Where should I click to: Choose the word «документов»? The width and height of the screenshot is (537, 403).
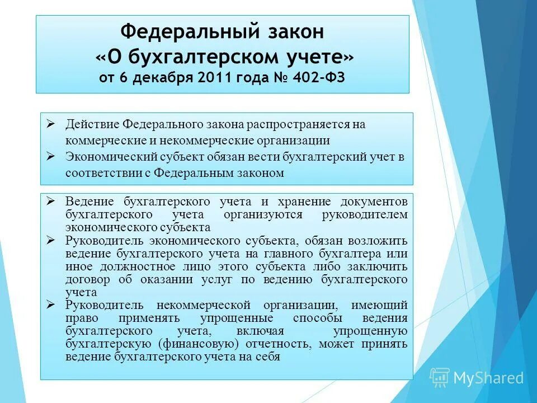tap(374, 201)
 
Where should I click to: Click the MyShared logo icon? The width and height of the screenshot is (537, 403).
tap(440, 377)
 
